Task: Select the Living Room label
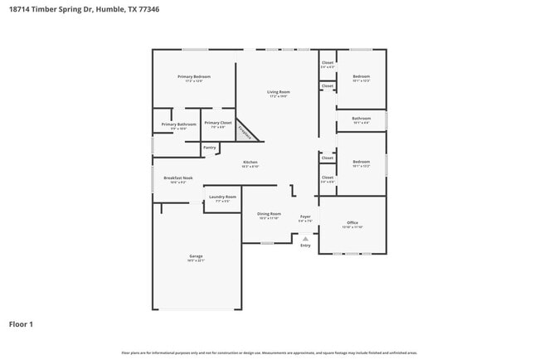278,91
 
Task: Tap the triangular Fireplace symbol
245,131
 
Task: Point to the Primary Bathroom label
178,124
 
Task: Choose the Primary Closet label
218,123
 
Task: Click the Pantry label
209,148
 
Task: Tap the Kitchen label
250,162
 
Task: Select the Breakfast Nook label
178,178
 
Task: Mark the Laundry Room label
221,197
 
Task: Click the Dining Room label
269,214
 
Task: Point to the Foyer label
305,216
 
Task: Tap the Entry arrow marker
305,238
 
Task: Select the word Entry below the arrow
305,246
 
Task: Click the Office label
352,222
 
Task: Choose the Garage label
196,256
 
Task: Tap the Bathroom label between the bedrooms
361,118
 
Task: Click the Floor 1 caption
21,324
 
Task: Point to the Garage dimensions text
196,261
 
